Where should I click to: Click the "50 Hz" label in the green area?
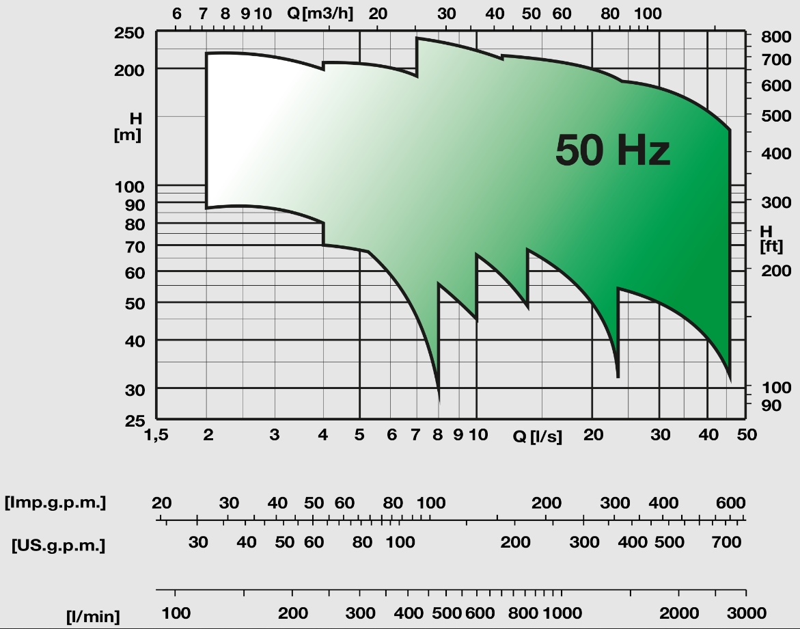point(612,150)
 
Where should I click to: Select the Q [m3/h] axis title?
point(320,12)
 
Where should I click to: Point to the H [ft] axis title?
point(771,239)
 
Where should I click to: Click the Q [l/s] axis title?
point(538,436)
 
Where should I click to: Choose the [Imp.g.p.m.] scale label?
point(55,503)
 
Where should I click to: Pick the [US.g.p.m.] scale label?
point(58,546)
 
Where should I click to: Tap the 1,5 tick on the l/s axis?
point(156,435)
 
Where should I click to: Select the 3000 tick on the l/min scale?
point(746,613)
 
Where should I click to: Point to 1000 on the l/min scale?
point(562,613)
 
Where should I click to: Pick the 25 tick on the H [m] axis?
point(135,420)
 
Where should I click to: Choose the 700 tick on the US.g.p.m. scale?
point(726,543)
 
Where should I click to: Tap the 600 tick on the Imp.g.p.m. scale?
point(730,503)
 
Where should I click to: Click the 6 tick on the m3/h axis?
point(177,13)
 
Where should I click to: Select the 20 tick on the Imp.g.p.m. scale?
point(161,503)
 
